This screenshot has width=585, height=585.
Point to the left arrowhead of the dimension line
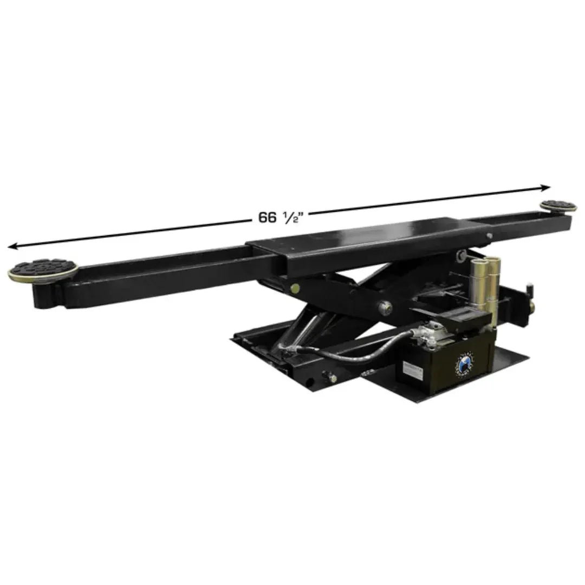(x=12, y=246)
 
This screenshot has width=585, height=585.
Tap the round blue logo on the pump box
(x=465, y=364)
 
